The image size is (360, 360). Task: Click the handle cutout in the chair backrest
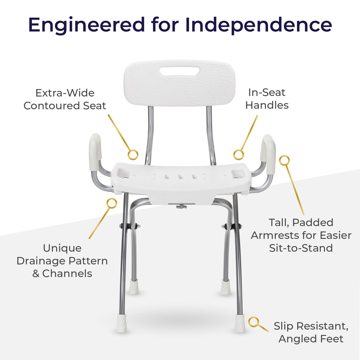179,71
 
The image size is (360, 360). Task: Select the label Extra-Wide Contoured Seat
65,99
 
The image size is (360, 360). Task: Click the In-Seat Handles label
267,99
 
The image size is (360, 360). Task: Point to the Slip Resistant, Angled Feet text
311,332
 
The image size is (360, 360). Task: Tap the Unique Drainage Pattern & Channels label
62,261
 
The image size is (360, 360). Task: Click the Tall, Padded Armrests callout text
301,235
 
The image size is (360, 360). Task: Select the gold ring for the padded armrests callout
284,160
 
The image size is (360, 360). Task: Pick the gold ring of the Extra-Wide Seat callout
133,155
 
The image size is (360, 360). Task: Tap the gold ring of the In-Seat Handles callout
238,155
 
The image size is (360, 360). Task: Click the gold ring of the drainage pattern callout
112,203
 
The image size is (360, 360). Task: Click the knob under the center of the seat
181,206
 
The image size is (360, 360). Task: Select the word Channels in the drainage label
67,274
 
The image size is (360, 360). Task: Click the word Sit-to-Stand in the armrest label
301,248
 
